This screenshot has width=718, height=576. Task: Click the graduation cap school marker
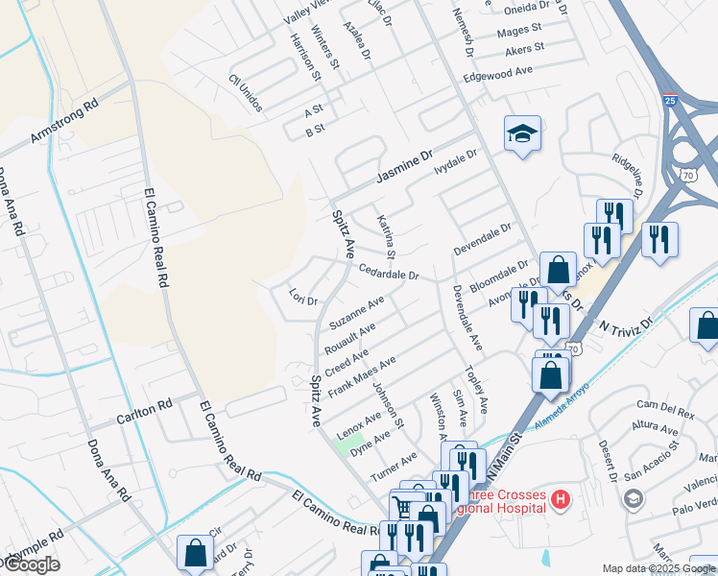[522, 134]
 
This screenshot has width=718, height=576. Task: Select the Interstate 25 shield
[669, 98]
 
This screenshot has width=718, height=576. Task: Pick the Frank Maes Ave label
[362, 377]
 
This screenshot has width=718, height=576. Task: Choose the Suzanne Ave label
[356, 312]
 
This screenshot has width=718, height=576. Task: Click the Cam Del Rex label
[671, 411]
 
